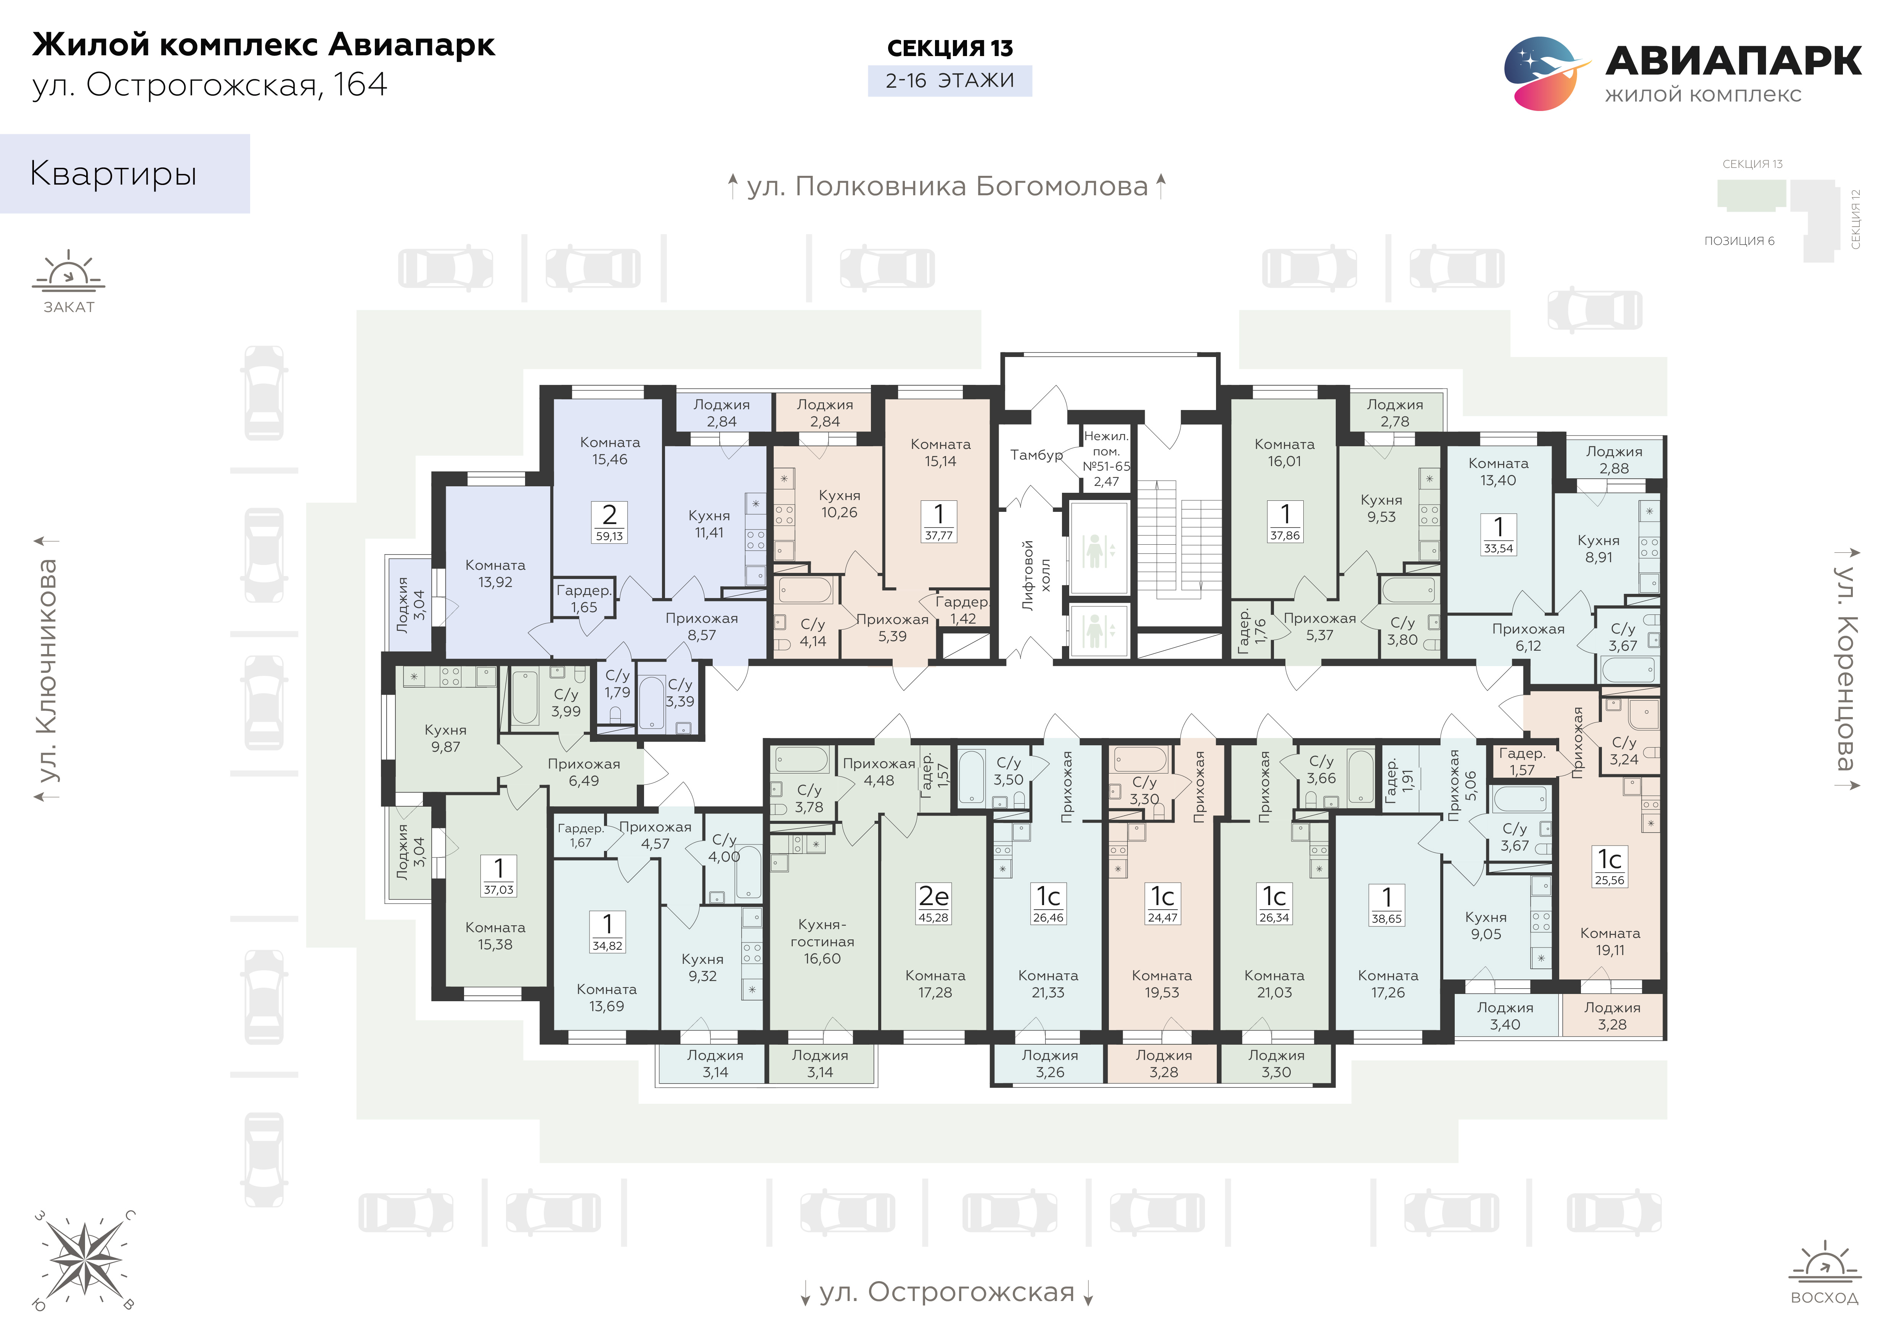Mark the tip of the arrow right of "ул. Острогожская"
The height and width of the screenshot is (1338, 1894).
click(x=1089, y=1306)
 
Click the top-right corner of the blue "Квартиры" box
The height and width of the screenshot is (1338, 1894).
click(x=250, y=135)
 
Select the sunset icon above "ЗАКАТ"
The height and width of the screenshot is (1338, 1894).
click(x=69, y=270)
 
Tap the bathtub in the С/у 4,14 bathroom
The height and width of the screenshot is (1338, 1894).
click(x=805, y=591)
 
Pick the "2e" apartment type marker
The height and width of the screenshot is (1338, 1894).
click(x=934, y=896)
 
